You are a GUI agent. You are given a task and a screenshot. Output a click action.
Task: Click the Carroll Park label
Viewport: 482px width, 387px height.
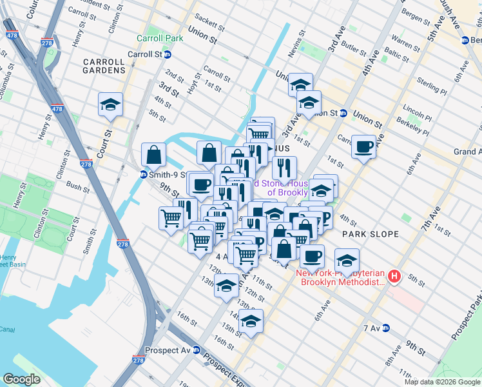tap(160, 38)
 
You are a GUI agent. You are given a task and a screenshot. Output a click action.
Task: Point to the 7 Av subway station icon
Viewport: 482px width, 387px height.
tap(386, 328)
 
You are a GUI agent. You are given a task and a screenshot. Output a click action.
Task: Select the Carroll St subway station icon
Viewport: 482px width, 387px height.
tap(167, 54)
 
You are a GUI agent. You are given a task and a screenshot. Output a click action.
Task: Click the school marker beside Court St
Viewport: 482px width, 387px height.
tap(110, 104)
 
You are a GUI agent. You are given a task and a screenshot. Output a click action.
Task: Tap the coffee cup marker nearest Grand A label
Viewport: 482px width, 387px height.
tap(365, 147)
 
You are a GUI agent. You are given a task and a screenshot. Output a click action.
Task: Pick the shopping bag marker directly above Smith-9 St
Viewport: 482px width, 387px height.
tap(154, 154)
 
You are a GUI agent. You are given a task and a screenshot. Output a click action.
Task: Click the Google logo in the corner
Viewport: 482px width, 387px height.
tap(21, 379)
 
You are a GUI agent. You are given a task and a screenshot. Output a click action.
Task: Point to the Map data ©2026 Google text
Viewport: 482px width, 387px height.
tap(442, 382)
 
